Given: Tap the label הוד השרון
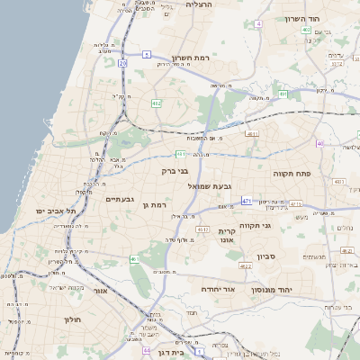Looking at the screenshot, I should pos(302,19).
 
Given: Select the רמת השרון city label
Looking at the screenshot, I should pos(189,57).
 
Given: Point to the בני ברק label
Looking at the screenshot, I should pos(175,170).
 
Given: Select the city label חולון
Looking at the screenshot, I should pos(73,320).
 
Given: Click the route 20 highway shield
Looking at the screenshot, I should pos(122,63).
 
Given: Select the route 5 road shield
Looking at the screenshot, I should pos(146,55).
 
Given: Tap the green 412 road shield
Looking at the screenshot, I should pos(157,103).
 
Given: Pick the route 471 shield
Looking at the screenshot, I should pos(247,202).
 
